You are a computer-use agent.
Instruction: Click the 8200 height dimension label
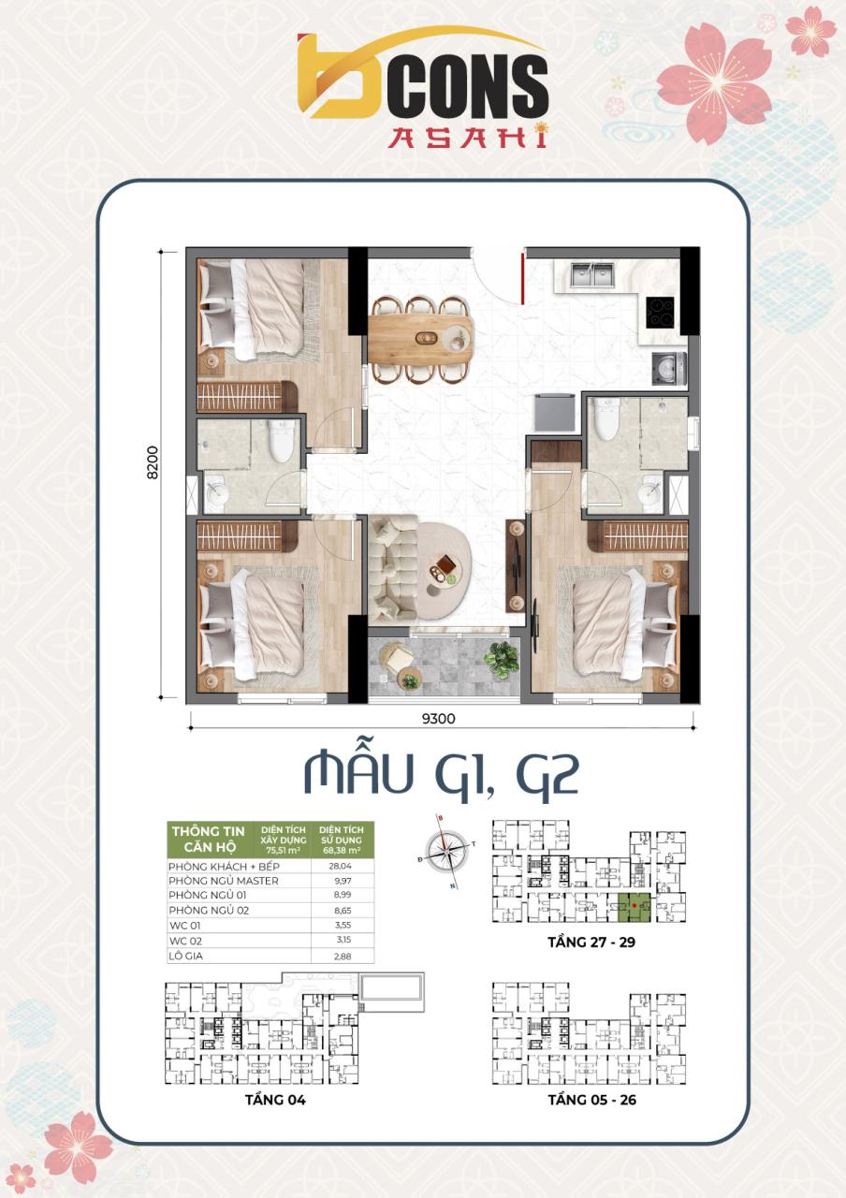(x=152, y=462)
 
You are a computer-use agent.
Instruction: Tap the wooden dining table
(x=420, y=337)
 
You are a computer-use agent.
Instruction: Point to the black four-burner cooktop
(x=661, y=312)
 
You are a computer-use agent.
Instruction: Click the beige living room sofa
(x=391, y=567)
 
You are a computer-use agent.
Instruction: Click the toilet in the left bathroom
(x=281, y=441)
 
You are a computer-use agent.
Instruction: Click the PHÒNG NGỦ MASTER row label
(x=224, y=881)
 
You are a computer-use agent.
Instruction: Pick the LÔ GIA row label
(x=187, y=956)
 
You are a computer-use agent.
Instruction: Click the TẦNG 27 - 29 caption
(x=591, y=942)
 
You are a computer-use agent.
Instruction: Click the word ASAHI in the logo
(x=467, y=138)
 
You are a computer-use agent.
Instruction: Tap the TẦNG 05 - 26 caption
(x=591, y=1100)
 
